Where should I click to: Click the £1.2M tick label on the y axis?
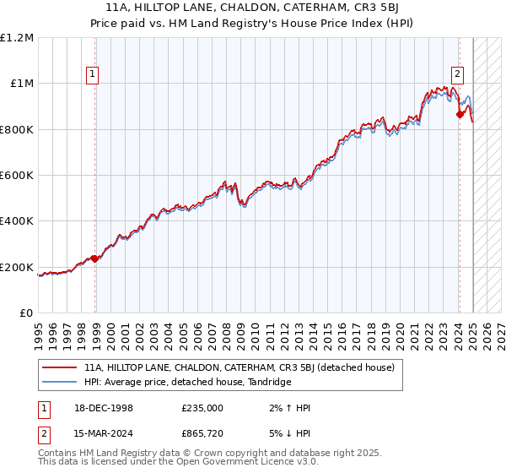click(x=17, y=38)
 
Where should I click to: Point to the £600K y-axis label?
click(x=17, y=176)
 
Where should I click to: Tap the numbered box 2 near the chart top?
click(x=457, y=73)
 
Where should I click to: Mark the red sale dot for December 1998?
click(x=95, y=258)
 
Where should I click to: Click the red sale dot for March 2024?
click(x=460, y=114)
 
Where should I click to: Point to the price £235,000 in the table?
click(x=202, y=408)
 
